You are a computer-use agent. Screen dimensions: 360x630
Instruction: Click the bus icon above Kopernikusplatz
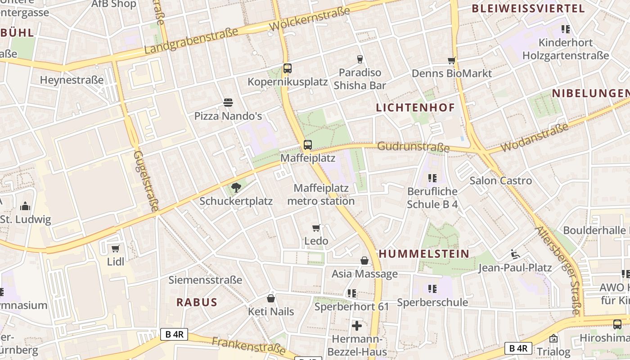click(x=288, y=68)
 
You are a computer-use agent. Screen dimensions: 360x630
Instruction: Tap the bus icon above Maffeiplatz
click(x=308, y=145)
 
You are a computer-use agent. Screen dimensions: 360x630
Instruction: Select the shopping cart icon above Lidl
click(x=116, y=248)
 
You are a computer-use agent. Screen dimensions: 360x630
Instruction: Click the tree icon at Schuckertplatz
click(x=235, y=188)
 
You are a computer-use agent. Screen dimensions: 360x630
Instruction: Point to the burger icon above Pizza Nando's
click(x=228, y=103)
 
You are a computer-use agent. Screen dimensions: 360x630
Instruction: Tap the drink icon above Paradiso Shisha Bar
click(x=360, y=59)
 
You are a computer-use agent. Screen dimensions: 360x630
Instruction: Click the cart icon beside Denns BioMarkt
click(x=451, y=60)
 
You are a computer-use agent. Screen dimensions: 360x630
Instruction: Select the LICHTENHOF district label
click(x=415, y=108)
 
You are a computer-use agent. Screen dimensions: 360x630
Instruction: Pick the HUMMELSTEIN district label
click(x=424, y=254)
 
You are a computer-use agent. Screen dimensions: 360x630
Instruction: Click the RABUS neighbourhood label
click(x=197, y=302)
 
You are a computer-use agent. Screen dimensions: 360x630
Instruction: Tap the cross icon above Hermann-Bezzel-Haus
click(x=357, y=326)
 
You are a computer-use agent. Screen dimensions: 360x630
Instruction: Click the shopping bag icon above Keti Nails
click(x=271, y=298)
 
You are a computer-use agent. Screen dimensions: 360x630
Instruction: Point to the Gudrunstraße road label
click(x=414, y=147)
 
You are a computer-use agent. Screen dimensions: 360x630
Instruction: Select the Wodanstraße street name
click(x=535, y=138)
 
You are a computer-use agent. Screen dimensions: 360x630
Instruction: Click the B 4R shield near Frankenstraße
click(x=174, y=334)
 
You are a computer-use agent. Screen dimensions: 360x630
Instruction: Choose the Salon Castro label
click(x=500, y=181)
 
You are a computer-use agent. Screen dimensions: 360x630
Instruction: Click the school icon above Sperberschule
click(x=432, y=289)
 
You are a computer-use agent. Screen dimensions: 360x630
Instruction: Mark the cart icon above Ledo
click(x=316, y=228)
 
